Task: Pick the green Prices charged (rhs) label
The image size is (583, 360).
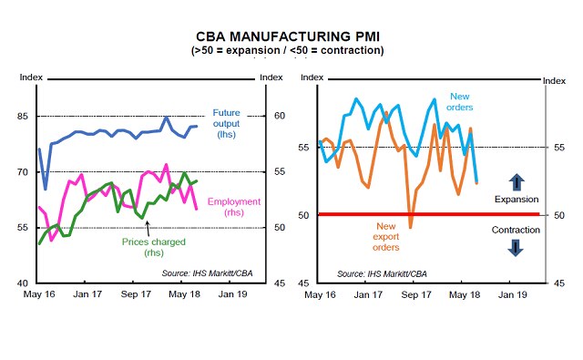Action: click(x=153, y=248)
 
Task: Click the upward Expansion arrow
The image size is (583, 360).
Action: click(x=515, y=181)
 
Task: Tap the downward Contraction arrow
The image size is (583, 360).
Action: click(x=515, y=246)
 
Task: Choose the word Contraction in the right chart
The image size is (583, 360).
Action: click(x=516, y=230)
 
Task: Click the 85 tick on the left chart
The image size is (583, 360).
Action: click(x=27, y=116)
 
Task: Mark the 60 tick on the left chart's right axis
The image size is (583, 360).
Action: click(x=272, y=116)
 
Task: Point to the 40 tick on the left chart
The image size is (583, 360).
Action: click(x=27, y=283)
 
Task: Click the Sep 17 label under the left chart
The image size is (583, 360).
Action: click(x=137, y=295)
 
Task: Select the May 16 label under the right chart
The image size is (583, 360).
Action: click(x=320, y=295)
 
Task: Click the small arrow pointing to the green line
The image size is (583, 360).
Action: click(x=148, y=225)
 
